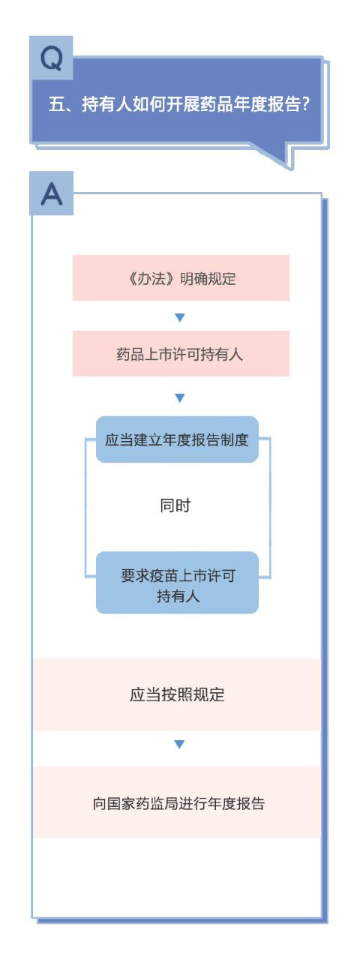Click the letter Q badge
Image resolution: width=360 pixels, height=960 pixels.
pyautogui.click(x=51, y=58)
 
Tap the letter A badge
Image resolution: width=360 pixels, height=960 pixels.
pyautogui.click(x=52, y=193)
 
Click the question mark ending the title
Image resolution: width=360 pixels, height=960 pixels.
pyautogui.click(x=304, y=104)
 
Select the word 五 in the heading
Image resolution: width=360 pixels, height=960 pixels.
pyautogui.click(x=56, y=104)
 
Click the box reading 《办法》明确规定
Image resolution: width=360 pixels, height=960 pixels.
pyautogui.click(x=181, y=277)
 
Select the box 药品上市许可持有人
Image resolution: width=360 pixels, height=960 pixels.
pyautogui.click(x=181, y=353)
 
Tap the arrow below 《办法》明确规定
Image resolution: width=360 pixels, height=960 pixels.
pyautogui.click(x=180, y=317)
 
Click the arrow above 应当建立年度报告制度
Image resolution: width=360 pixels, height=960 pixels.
pyautogui.click(x=180, y=397)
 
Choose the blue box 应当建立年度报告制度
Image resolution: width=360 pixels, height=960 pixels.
pyautogui.click(x=177, y=439)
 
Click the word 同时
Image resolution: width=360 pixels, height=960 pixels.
pyautogui.click(x=175, y=505)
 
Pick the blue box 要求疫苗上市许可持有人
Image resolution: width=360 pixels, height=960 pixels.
pyautogui.click(x=177, y=583)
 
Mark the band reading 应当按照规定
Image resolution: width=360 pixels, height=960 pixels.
pyautogui.click(x=176, y=694)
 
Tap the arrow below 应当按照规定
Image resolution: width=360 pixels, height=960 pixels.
pyautogui.click(x=179, y=745)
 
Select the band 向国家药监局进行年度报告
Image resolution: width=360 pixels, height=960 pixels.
pyautogui.click(x=176, y=803)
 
